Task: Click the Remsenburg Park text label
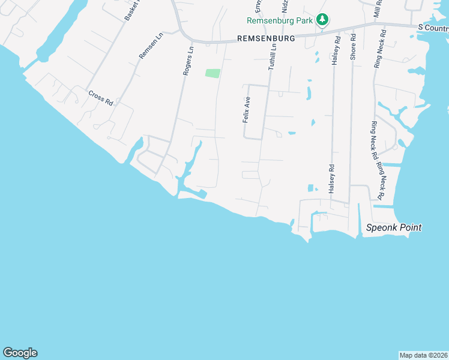coord(279,20)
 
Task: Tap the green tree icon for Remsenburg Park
coord(322,20)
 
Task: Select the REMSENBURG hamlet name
coord(266,38)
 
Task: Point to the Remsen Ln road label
coord(151,46)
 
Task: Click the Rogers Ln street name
coord(188,61)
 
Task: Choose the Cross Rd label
coord(100,98)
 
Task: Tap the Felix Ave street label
coord(246,109)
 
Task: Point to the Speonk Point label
coord(394,227)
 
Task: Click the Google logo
coord(20,353)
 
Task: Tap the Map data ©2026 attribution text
coord(423,355)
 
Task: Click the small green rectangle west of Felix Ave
coord(212,73)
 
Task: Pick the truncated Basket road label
coord(131,10)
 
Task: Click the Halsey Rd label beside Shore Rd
coord(337,48)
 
